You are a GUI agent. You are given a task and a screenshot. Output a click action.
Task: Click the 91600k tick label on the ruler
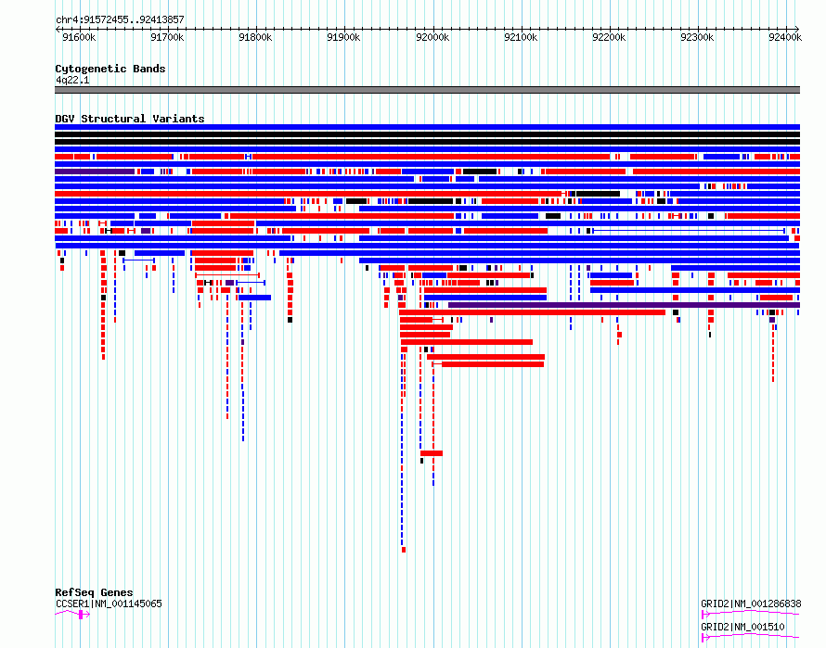pos(79,37)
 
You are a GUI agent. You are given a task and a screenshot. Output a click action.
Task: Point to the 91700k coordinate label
pos(167,37)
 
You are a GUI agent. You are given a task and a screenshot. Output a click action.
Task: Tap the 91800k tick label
pos(255,37)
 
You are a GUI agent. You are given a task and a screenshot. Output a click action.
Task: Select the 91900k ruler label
pos(343,37)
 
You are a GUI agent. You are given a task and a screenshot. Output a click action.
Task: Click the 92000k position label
pos(432,37)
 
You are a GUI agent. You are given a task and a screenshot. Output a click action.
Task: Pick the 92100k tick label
pos(521,37)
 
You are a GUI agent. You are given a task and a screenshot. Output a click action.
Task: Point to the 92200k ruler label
pos(609,37)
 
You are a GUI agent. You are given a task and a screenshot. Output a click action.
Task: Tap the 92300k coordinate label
pos(697,37)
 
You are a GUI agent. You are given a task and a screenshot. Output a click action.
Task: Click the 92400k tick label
pos(785,37)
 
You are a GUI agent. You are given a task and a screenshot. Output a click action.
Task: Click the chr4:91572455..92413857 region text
pos(120,20)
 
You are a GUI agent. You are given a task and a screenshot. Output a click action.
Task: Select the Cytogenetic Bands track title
pos(110,69)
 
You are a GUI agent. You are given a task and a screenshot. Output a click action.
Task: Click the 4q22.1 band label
pos(72,80)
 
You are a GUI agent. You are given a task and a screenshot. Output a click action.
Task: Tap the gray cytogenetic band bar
pos(427,90)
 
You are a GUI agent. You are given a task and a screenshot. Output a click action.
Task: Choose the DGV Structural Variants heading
pos(130,119)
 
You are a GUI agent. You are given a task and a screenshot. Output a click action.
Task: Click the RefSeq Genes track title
pos(94,592)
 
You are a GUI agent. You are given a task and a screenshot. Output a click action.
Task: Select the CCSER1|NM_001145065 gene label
pos(109,604)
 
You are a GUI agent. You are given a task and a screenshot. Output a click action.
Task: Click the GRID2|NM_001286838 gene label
pos(751,604)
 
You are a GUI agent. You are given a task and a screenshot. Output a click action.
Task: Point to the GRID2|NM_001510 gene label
pos(742,627)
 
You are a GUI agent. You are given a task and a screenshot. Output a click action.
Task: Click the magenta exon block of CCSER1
pos(81,615)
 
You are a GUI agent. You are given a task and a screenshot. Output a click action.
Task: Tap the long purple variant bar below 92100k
pos(625,305)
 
